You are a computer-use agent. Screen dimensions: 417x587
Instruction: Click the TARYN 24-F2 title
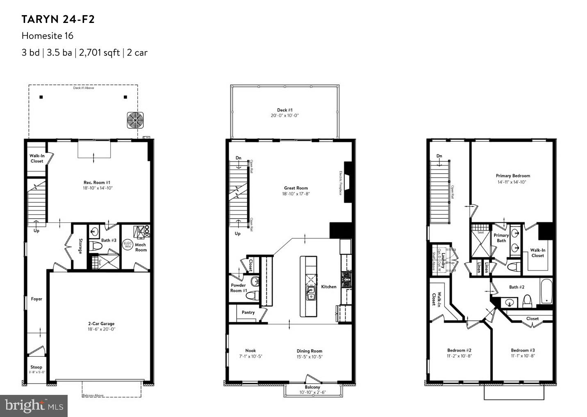coord(58,19)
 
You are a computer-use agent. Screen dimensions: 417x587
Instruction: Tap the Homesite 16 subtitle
coord(47,36)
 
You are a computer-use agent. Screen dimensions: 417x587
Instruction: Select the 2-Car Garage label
coord(101,324)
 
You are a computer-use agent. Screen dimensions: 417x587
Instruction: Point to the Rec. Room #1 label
coord(97,182)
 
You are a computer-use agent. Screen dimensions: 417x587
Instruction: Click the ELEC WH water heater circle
coord(127,245)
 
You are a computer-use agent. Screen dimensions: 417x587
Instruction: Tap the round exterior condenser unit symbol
coord(135,120)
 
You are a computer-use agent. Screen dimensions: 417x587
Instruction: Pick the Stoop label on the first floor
coord(36,367)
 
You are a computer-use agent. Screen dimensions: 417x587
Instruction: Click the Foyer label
coord(36,299)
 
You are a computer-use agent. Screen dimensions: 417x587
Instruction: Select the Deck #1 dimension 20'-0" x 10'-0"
coord(284,116)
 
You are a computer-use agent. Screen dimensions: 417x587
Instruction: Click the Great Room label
coord(296,188)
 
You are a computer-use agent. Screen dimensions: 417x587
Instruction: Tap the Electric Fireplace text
coord(340,183)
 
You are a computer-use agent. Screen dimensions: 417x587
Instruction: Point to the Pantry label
coord(248,312)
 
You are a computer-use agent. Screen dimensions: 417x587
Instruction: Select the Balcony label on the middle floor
coord(312,387)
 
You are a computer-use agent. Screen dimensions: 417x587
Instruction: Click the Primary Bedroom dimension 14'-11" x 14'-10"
coord(512,182)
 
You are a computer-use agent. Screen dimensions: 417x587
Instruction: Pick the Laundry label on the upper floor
coord(443,260)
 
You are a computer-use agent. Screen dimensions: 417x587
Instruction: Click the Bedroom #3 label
coord(523,350)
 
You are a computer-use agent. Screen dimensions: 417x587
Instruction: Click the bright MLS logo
coord(34,406)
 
